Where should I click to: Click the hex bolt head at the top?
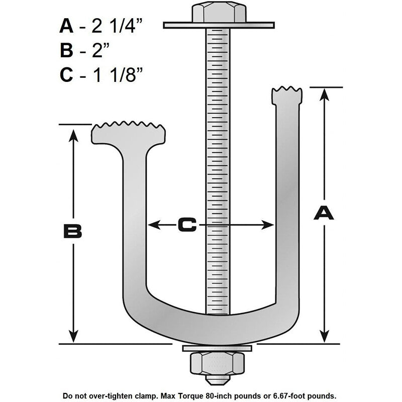tap(219, 12)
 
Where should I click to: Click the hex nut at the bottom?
tap(217, 363)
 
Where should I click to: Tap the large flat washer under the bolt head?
tap(219, 25)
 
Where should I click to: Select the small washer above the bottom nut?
tap(217, 348)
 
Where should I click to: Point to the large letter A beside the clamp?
tap(324, 213)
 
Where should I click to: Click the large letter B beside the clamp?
tap(72, 231)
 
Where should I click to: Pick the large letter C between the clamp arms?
tap(187, 225)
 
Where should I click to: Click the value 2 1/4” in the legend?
tap(117, 27)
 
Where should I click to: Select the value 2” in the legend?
tap(100, 50)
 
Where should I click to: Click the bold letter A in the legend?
tap(66, 26)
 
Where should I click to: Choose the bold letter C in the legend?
tap(66, 75)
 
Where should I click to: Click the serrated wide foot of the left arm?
tap(129, 133)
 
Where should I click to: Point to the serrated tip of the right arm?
tap(287, 95)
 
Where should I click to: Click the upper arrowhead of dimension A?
tap(324, 94)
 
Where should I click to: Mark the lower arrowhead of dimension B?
tap(73, 336)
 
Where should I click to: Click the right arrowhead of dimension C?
tap(267, 225)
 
